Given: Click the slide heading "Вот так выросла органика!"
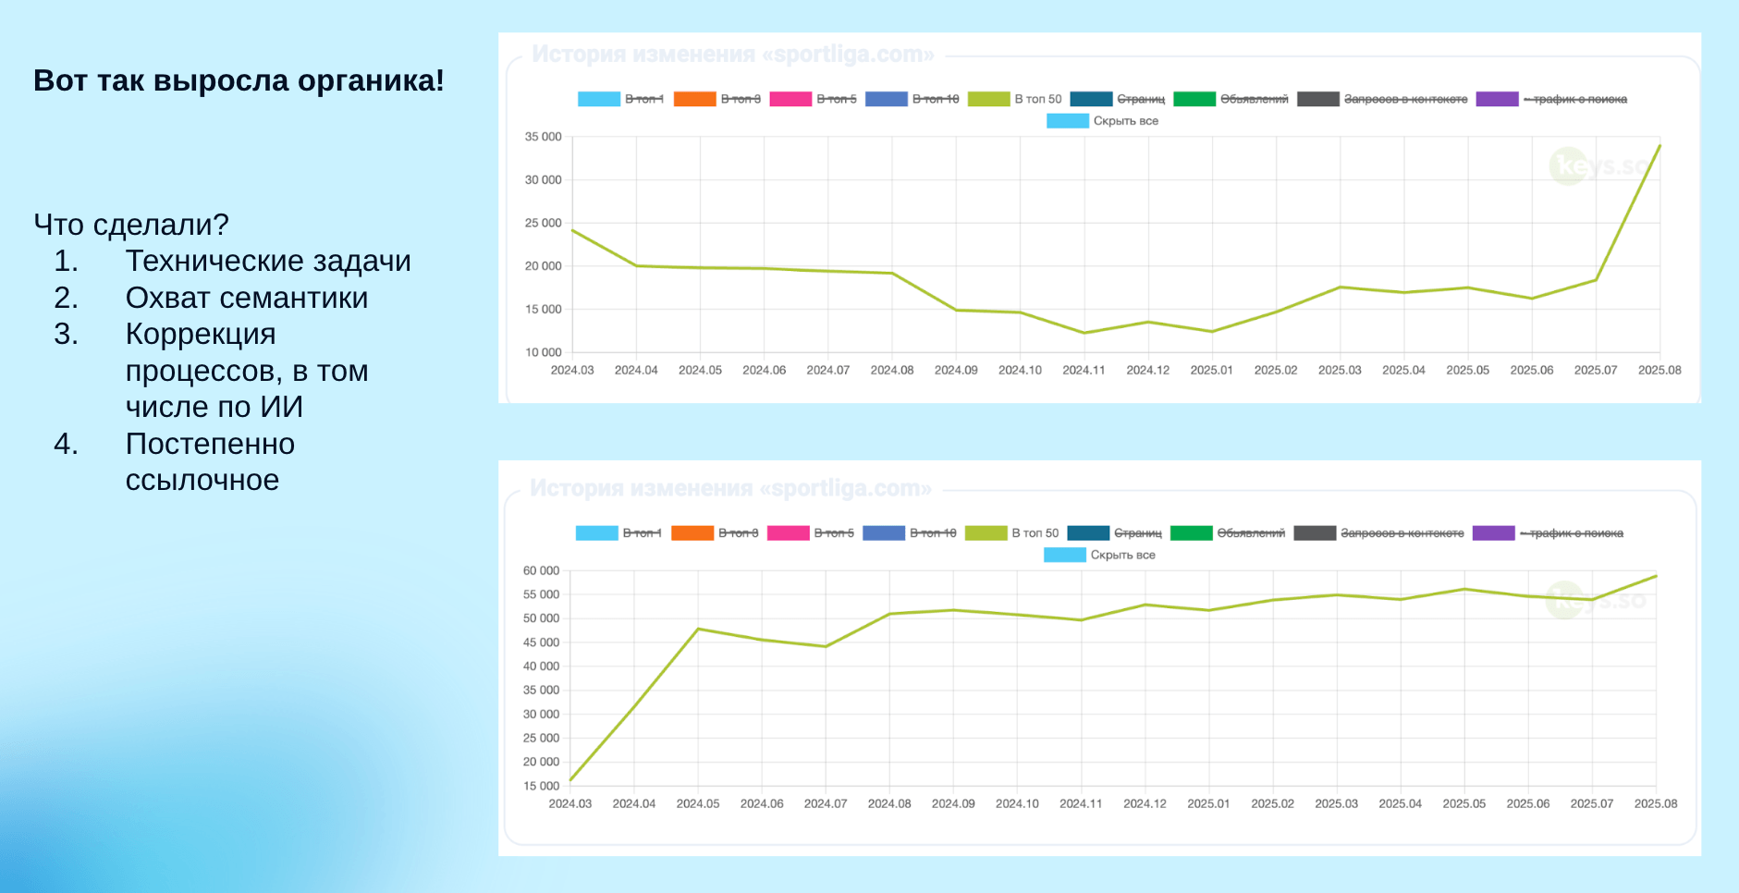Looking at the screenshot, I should pyautogui.click(x=239, y=81).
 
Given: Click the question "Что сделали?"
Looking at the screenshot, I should pyautogui.click(x=131, y=225).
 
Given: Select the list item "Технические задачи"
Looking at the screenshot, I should pyautogui.click(x=268, y=262).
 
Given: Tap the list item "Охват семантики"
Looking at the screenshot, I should pyautogui.click(x=247, y=298).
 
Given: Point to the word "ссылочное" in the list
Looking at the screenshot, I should pyautogui.click(x=202, y=480).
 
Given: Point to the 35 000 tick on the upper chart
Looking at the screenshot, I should pyautogui.click(x=544, y=137).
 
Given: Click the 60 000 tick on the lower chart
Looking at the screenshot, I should pyautogui.click(x=542, y=571).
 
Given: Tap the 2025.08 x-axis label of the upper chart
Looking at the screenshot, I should pyautogui.click(x=1659, y=371).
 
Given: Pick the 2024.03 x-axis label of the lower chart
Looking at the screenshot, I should pyautogui.click(x=570, y=804).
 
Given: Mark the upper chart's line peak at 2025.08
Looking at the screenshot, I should pyautogui.click(x=1659, y=145).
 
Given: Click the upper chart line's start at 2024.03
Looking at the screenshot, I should pyautogui.click(x=572, y=230).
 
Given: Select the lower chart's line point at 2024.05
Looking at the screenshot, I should pyautogui.click(x=698, y=629).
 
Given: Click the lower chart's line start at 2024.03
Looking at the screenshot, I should pyautogui.click(x=570, y=781).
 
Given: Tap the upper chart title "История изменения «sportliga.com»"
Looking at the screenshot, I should pyautogui.click(x=733, y=55).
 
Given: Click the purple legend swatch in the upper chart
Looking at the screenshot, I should pyautogui.click(x=1497, y=99).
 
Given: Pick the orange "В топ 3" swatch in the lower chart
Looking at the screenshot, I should pyautogui.click(x=692, y=533).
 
